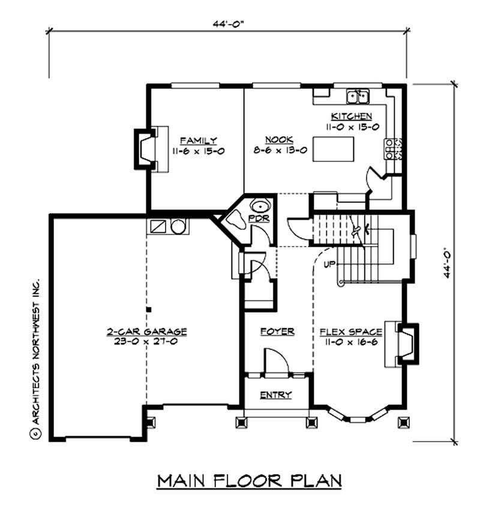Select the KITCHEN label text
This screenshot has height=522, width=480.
coord(352,116)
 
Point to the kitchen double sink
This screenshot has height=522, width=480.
coord(358,96)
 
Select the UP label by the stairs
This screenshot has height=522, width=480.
coord(328,264)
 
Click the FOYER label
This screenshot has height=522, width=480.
coord(277,331)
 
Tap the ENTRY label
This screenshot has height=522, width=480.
coord(276,395)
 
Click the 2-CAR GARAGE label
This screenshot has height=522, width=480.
coord(147,331)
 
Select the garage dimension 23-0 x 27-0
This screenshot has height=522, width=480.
coord(147,342)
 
